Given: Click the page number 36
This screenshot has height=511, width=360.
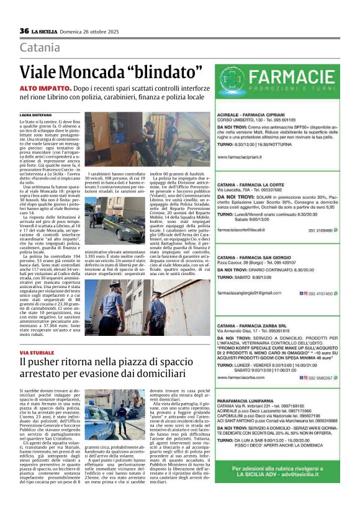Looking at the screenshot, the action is [24, 30].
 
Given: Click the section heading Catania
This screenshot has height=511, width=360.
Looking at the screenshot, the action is [40, 48].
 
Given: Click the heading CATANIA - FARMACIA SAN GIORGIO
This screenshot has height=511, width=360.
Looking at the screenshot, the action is [258, 256].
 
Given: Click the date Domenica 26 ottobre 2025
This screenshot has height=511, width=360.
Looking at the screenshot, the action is [92, 31].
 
